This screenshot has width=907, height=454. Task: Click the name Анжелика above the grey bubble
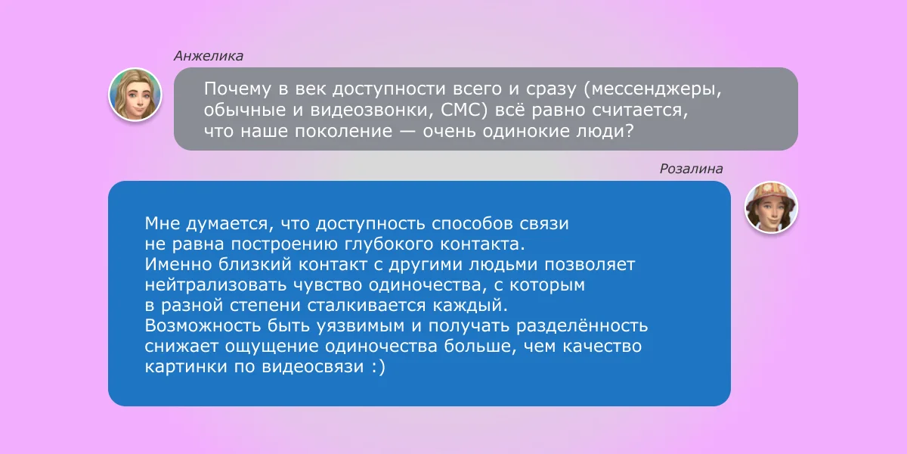(209, 56)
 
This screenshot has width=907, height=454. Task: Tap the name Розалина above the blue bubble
(691, 169)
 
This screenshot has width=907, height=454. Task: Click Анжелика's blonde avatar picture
(135, 95)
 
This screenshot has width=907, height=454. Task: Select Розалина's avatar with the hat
(772, 207)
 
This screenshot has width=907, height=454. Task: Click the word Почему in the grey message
(237, 89)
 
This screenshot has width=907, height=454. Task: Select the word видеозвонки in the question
(369, 110)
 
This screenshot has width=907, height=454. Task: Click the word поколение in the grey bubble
(343, 131)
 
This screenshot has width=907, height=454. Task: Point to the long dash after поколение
(407, 132)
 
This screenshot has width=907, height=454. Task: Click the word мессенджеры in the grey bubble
(655, 89)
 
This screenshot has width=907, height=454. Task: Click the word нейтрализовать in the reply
(215, 285)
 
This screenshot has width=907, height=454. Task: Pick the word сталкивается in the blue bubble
(367, 305)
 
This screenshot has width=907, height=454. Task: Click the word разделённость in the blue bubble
(582, 325)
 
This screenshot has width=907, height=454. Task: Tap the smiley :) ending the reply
(379, 367)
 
